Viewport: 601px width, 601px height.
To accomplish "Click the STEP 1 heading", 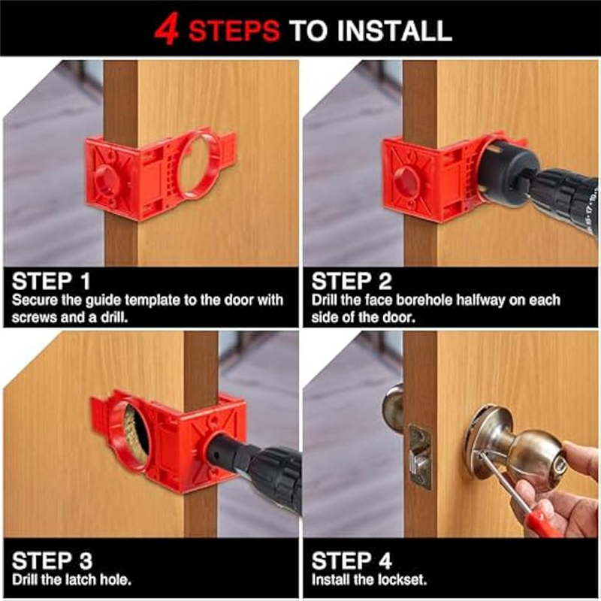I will (51, 282).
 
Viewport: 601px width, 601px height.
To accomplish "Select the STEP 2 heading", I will (352, 282).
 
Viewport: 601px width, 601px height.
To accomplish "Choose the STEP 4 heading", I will (352, 560).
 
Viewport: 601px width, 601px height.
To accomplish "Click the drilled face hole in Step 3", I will (137, 436).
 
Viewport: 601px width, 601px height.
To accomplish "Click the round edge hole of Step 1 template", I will (107, 180).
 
